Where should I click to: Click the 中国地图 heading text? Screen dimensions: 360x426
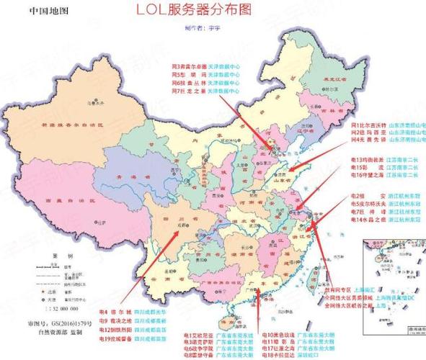pyautogui.click(x=51, y=12)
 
